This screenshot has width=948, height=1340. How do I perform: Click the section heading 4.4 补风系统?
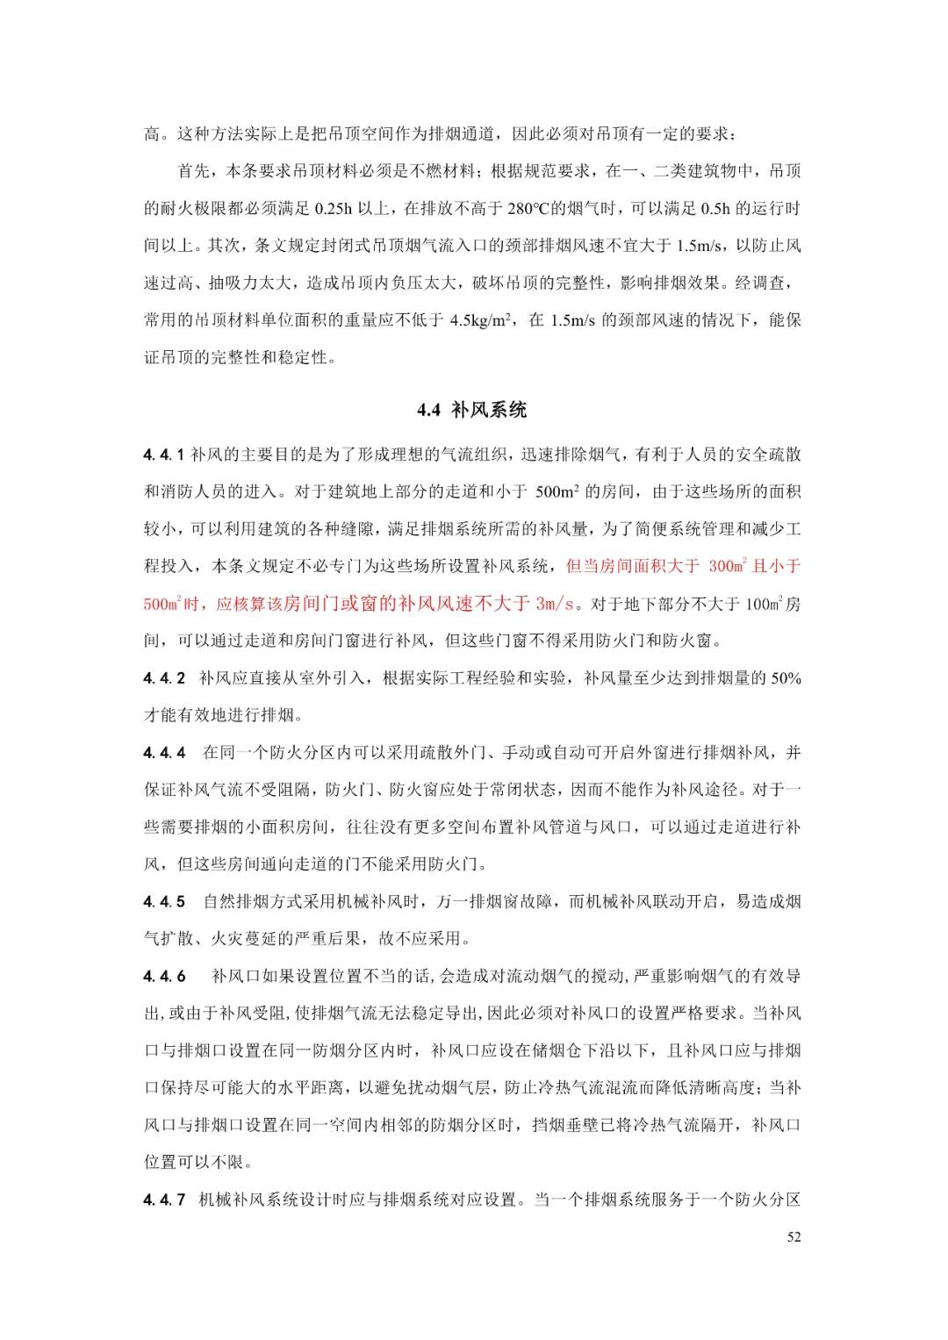pyautogui.click(x=472, y=410)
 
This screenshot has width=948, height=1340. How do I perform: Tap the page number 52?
pyautogui.click(x=794, y=1237)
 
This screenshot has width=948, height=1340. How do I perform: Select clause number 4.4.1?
pyautogui.click(x=164, y=455)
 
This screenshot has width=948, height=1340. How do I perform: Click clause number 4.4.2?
pyautogui.click(x=164, y=678)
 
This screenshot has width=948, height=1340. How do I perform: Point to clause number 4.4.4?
pyautogui.click(x=164, y=753)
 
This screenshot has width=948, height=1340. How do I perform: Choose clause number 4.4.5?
pyautogui.click(x=164, y=902)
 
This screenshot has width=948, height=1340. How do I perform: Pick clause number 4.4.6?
pyautogui.click(x=164, y=977)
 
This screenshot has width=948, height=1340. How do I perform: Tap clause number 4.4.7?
pyautogui.click(x=164, y=1200)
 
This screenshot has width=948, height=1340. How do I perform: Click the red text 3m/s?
pyautogui.click(x=554, y=604)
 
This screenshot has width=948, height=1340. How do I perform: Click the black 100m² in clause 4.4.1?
pyautogui.click(x=761, y=604)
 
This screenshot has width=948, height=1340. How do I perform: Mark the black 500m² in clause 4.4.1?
pyautogui.click(x=559, y=491)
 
